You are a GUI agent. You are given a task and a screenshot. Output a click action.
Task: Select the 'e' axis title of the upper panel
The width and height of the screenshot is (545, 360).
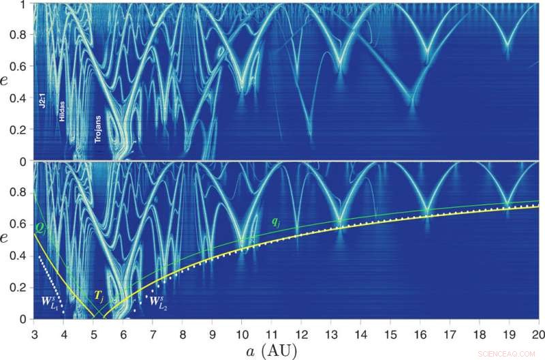coord(7,82)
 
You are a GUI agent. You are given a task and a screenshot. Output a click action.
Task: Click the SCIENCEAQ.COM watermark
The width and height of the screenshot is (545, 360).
coord(509,353)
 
